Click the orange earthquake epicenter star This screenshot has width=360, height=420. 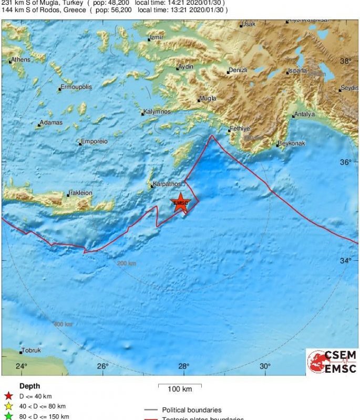(180, 204)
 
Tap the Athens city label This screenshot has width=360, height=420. (20, 60)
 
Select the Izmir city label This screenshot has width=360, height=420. (157, 38)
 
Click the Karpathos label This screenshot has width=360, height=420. (167, 184)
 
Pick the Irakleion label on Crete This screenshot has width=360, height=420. (81, 193)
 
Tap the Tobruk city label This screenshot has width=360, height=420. (32, 351)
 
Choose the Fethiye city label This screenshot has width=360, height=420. (240, 129)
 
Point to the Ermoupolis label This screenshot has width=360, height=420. (77, 87)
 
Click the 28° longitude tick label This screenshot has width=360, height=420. (183, 366)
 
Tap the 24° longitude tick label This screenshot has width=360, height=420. (21, 366)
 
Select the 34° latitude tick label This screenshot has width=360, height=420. (345, 261)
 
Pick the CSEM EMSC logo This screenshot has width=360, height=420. (332, 361)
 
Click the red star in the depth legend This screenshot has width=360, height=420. (8, 396)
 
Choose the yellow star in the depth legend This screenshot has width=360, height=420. (8, 406)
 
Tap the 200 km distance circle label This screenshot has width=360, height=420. (127, 263)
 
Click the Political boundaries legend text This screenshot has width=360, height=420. (191, 410)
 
